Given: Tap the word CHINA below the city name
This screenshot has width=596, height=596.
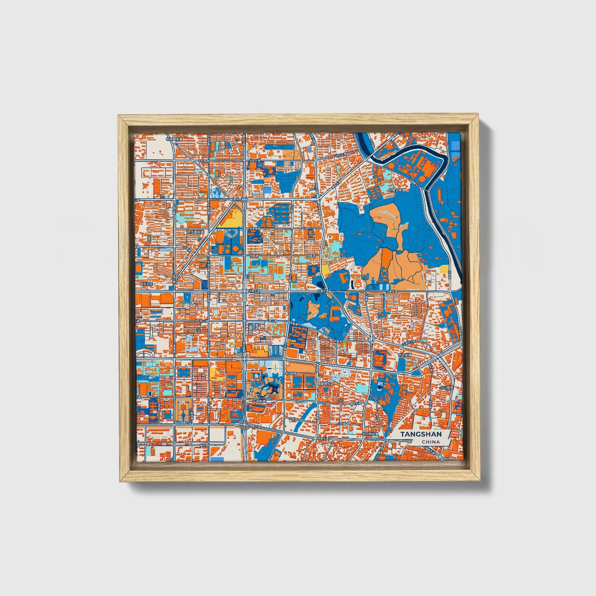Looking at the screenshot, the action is pyautogui.click(x=431, y=442).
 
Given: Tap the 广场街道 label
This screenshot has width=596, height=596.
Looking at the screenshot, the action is pyautogui.click(x=259, y=401).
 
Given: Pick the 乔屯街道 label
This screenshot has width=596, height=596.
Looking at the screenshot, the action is pyautogui.click(x=405, y=355).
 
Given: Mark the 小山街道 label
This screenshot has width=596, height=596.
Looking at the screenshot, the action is pyautogui.click(x=446, y=388).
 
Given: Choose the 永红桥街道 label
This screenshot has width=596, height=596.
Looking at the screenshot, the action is pyautogui.click(x=370, y=434).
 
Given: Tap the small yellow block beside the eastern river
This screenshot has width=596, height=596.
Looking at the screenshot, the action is pyautogui.click(x=444, y=269).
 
